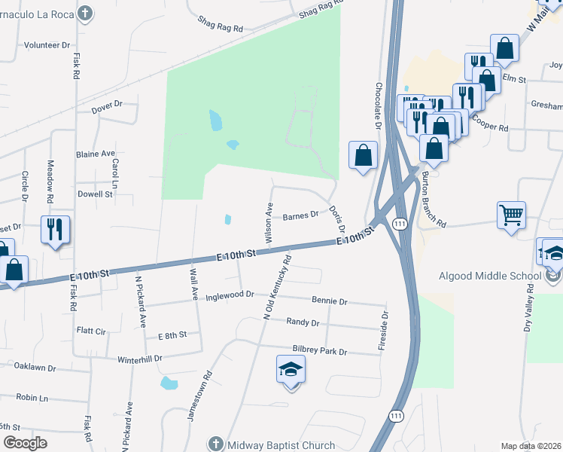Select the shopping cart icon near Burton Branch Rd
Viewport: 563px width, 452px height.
coord(512,215)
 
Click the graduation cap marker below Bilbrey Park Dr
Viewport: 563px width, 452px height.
coord(291,371)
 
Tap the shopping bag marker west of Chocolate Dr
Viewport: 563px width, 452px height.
coord(363,156)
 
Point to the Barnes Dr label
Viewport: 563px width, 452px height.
coord(301,217)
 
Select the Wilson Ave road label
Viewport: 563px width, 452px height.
coord(269,222)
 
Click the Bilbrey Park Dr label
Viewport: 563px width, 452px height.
coord(320,352)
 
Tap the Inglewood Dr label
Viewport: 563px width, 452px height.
coord(230,294)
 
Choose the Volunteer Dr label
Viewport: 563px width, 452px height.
coord(47,45)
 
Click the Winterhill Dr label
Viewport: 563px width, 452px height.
coord(140,359)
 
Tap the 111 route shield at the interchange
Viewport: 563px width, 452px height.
coord(400,224)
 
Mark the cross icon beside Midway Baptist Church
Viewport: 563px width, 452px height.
coord(216,445)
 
